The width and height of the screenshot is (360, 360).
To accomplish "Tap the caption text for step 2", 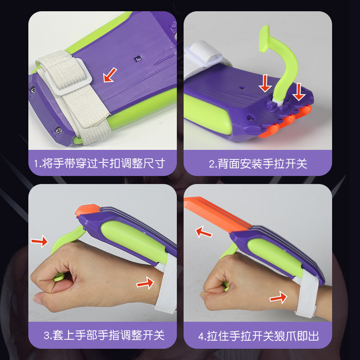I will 258,163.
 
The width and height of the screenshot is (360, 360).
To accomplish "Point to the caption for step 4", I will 258,335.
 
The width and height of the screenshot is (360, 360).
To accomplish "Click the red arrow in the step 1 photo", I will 109,76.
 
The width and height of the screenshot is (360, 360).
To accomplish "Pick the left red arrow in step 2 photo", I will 265,84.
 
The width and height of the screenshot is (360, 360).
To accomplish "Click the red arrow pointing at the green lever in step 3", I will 39,242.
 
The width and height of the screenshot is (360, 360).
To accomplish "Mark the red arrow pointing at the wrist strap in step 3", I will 144,283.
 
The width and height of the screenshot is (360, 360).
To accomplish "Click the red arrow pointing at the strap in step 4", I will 279,297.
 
